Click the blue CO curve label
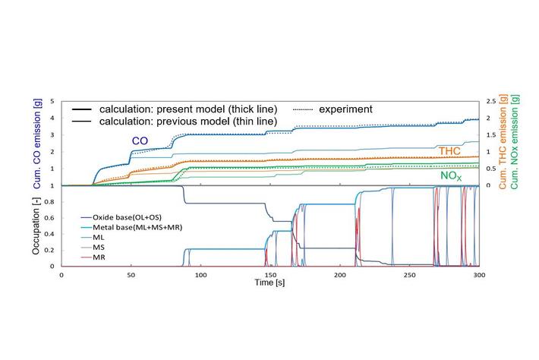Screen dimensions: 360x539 [140, 141]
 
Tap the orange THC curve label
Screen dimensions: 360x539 [449, 150]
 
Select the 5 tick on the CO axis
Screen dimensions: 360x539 [53, 102]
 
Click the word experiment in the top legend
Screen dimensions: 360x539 [345, 109]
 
